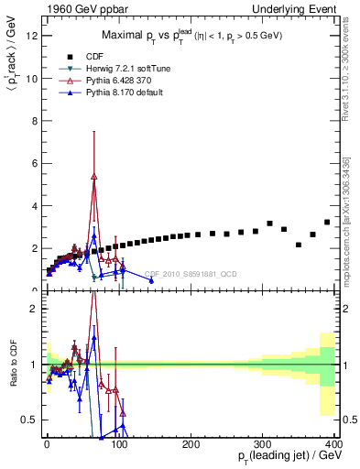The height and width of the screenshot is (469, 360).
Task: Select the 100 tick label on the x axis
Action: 119,443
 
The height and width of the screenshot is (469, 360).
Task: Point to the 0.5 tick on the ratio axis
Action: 29,420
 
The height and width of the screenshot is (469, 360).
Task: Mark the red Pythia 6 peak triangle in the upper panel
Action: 93,177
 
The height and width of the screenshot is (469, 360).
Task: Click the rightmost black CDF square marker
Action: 327,222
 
